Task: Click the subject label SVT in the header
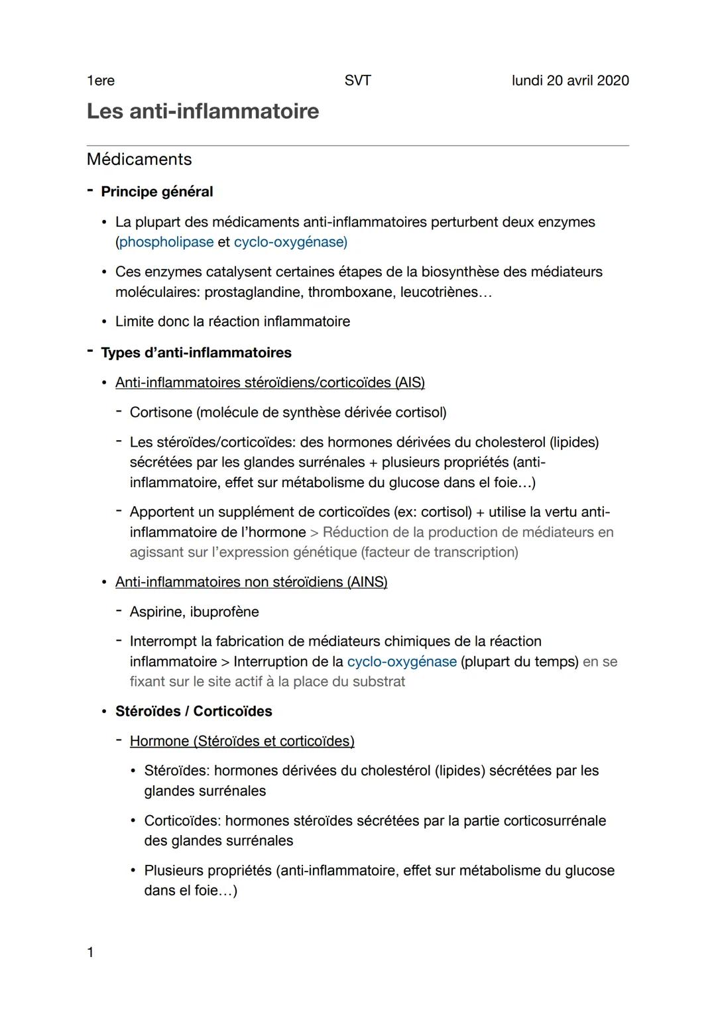click(x=358, y=81)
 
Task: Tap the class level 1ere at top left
click(x=101, y=81)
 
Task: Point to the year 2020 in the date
click(x=613, y=81)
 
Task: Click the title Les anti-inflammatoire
click(x=203, y=111)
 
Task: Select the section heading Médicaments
click(x=139, y=159)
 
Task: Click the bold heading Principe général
click(x=157, y=192)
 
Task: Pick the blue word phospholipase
click(x=166, y=242)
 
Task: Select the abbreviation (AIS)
click(x=410, y=382)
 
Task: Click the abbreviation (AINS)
click(x=367, y=582)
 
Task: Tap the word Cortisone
click(x=160, y=412)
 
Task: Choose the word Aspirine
click(x=156, y=612)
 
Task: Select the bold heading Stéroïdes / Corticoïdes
click(x=194, y=711)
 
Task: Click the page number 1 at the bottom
click(x=91, y=952)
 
